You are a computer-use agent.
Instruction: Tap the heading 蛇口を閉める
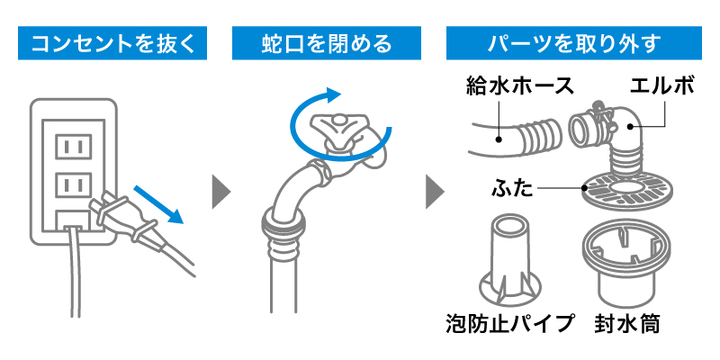pos(327,41)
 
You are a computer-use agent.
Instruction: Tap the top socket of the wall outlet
pos(74,145)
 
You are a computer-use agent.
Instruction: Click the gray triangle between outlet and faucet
pos(220,191)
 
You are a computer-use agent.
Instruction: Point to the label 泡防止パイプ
pos(509,323)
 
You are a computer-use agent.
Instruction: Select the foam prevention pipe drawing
pos(509,261)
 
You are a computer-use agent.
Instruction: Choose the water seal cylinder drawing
pos(627,265)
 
